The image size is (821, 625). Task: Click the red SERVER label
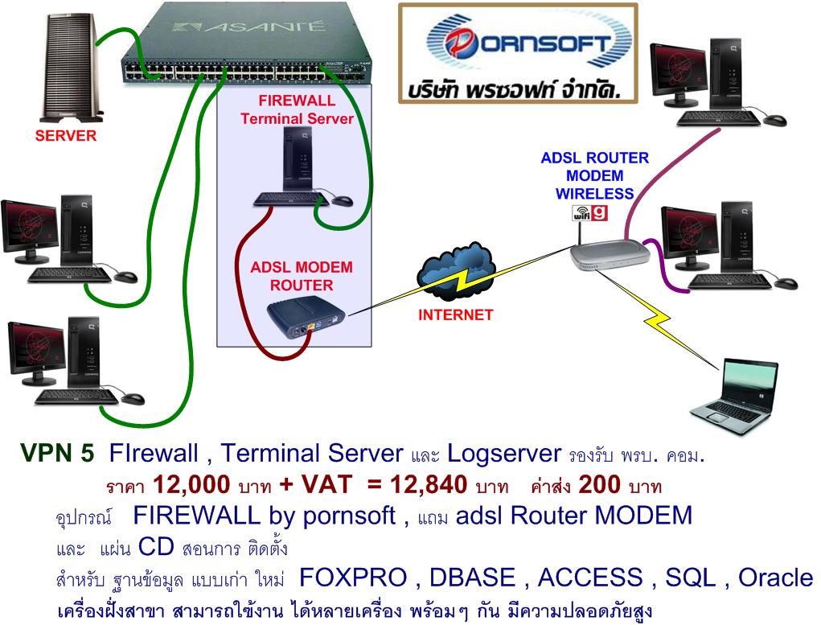tap(65, 136)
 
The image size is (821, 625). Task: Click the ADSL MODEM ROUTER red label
tap(302, 275)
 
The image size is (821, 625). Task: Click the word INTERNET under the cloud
tap(455, 315)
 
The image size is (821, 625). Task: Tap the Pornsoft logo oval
tap(519, 43)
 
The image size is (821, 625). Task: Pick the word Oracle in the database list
tap(775, 578)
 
